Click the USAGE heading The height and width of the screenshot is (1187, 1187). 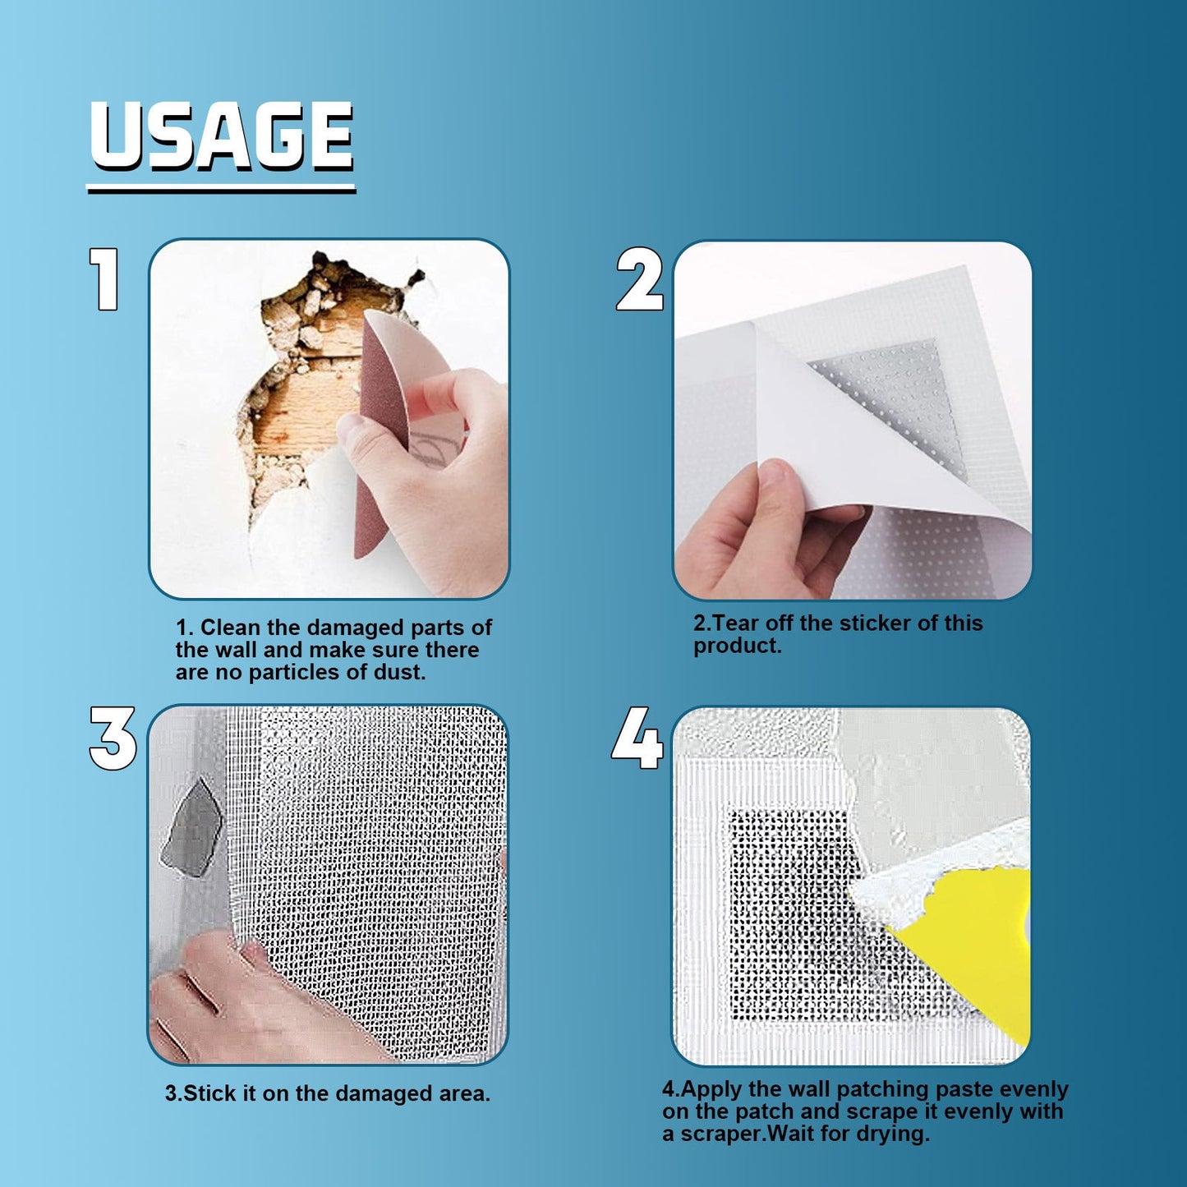coord(221,136)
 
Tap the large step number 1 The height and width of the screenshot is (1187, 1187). coord(104,280)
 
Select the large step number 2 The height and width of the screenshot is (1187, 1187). coord(639,280)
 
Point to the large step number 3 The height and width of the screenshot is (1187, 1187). coord(113,738)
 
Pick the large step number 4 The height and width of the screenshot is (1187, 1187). coord(637,738)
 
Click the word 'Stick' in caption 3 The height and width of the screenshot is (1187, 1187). coord(209,1094)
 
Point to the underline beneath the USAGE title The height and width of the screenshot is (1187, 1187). coord(221,189)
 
